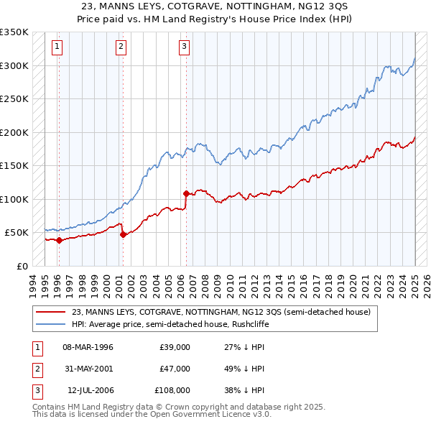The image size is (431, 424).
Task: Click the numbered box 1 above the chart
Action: (57, 47)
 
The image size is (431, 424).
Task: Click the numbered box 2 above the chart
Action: (121, 47)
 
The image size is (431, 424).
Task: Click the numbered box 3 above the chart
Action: (184, 47)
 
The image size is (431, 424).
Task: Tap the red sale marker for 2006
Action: (186, 193)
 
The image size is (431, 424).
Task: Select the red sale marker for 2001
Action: (123, 234)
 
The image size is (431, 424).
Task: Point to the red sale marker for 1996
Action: (59, 240)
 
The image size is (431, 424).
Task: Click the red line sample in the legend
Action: (51, 312)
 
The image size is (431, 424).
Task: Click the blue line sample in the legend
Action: (51, 324)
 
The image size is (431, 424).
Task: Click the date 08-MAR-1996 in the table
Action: (88, 347)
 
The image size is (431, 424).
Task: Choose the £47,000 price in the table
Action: (175, 369)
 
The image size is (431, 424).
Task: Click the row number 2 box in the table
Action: (37, 369)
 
